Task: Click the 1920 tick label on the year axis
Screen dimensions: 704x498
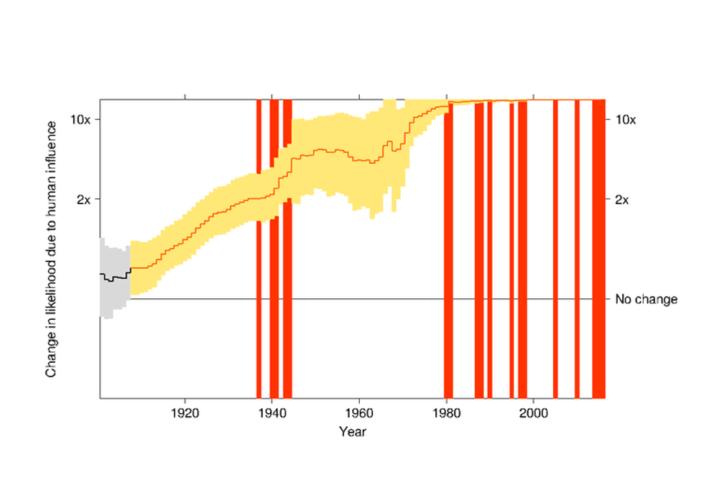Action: pos(185,412)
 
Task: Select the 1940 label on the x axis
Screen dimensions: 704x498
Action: pos(272,412)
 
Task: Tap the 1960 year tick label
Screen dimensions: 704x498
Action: pos(359,412)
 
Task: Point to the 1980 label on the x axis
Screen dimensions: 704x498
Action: pos(446,412)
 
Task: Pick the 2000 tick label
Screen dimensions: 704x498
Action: pos(533,412)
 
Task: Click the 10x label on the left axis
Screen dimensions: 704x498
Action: pos(80,120)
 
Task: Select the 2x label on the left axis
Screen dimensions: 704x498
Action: pos(83,200)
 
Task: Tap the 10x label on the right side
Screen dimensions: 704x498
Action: pos(626,120)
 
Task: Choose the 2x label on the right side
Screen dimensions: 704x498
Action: pos(622,200)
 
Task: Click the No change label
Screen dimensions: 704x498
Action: pos(646,299)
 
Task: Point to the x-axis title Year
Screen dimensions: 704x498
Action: pos(353,432)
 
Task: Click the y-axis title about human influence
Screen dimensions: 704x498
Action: pos(51,249)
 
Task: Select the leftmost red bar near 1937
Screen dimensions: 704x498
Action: pos(259,249)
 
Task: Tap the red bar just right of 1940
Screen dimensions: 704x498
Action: pos(274,249)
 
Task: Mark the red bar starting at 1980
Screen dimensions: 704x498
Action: pos(448,252)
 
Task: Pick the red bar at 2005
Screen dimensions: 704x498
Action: pos(555,249)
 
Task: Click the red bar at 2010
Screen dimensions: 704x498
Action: pos(578,249)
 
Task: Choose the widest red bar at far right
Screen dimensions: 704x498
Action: pos(599,249)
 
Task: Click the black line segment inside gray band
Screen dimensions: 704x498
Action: pos(115,277)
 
